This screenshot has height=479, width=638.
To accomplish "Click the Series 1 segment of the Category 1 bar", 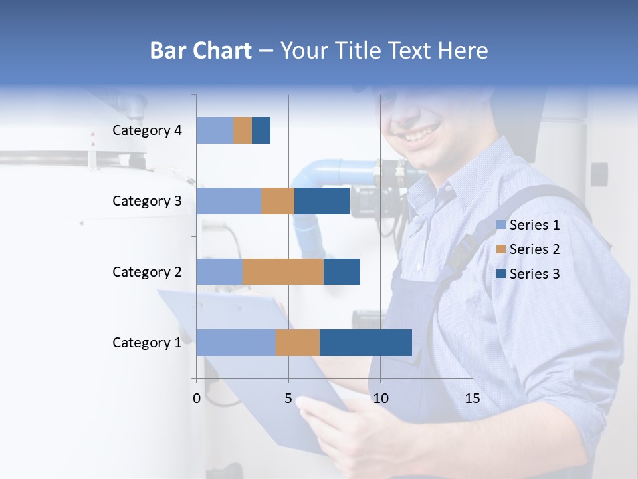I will pos(236,342).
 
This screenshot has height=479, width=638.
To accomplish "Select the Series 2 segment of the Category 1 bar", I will pos(298,342).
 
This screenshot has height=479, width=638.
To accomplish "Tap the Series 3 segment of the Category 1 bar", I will pos(366,342).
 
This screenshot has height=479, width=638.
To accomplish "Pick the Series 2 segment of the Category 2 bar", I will pos(283,271).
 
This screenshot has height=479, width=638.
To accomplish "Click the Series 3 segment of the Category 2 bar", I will pos(342,271).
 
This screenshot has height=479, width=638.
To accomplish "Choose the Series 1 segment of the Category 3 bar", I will pos(229,201).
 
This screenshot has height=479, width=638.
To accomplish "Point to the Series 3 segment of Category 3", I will pos(322,201).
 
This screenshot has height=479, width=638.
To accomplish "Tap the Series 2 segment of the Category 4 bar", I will pos(243,130).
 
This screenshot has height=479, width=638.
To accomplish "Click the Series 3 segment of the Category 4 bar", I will pos(261,130).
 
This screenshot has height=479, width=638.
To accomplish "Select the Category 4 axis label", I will pos(147,130).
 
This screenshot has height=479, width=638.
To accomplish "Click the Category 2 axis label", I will pos(147,271).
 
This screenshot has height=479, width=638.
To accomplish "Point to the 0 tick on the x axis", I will pos(197,399).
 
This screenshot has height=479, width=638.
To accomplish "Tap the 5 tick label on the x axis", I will pos(288,399).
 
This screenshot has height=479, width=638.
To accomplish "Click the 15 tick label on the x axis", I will pos(472,399).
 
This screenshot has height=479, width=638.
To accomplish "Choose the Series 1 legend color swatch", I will pos(500,225).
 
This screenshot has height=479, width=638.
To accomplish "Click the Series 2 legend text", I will pos(534,249).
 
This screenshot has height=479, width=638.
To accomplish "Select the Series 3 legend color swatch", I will pos(500,274).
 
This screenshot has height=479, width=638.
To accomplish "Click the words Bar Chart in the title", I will pos(201,51).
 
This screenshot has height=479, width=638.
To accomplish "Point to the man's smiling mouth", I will pos(418,134).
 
